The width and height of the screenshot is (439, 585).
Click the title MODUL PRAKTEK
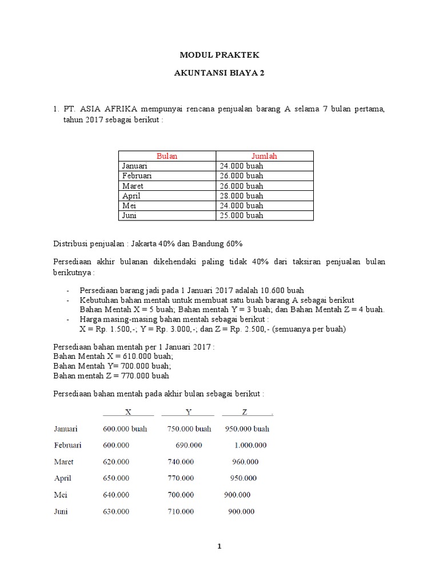[x=219, y=55]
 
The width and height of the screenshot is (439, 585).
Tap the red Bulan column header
[x=167, y=156]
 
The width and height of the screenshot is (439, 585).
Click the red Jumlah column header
[x=264, y=156]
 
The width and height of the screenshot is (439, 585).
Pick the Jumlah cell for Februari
[x=241, y=176]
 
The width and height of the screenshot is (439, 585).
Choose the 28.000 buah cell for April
[x=241, y=195]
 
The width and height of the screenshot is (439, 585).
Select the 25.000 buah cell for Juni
[x=241, y=215]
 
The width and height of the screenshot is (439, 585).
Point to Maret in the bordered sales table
[x=133, y=186]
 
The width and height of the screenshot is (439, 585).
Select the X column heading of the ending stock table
[x=128, y=412]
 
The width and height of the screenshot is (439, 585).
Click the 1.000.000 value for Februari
[x=250, y=445]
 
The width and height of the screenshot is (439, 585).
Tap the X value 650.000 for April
[x=116, y=478]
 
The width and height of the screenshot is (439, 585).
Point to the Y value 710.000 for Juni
[x=181, y=511]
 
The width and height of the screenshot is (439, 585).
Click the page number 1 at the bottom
[x=219, y=547]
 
